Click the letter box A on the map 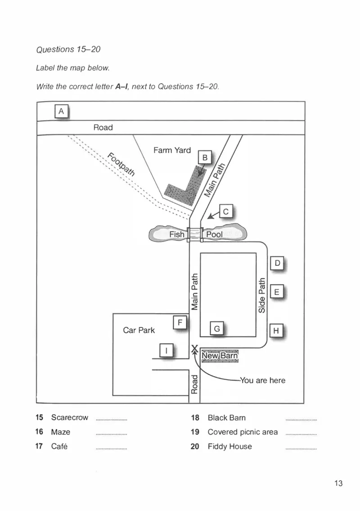(61, 112)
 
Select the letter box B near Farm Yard (205, 158)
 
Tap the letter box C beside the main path (225, 211)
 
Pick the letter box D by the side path (277, 263)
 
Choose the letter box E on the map (277, 292)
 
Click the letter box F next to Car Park (180, 323)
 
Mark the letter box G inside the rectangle (217, 329)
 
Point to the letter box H (276, 331)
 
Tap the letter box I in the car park (166, 350)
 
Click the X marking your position (194, 349)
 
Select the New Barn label (220, 356)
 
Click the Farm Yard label (172, 150)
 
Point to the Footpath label (121, 164)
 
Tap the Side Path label (261, 295)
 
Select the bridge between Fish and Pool (195, 234)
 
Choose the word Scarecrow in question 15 (70, 417)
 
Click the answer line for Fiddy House (301, 449)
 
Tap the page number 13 (338, 483)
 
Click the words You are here (263, 380)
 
